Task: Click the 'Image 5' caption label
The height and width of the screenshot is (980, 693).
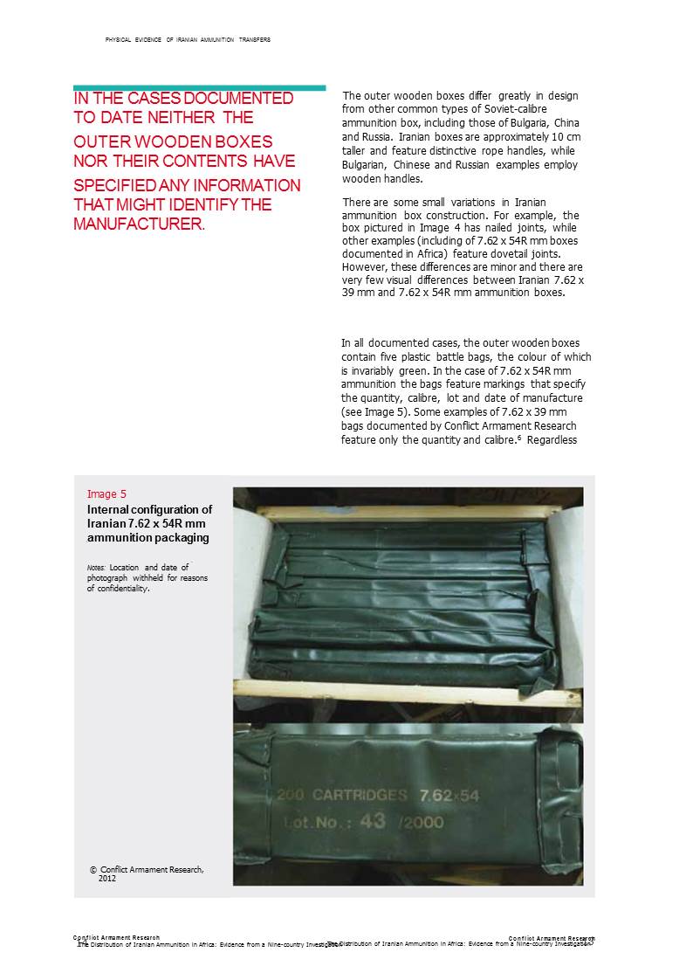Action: tap(106, 493)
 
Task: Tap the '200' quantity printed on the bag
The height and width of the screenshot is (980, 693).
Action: tap(292, 796)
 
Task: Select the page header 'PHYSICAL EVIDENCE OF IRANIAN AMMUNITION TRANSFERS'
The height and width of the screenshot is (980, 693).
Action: tap(187, 40)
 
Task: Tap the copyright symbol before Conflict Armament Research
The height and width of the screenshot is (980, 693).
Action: tap(93, 869)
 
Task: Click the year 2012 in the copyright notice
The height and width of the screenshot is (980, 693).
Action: tap(106, 878)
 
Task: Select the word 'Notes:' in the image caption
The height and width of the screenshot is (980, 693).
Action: tap(96, 568)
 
